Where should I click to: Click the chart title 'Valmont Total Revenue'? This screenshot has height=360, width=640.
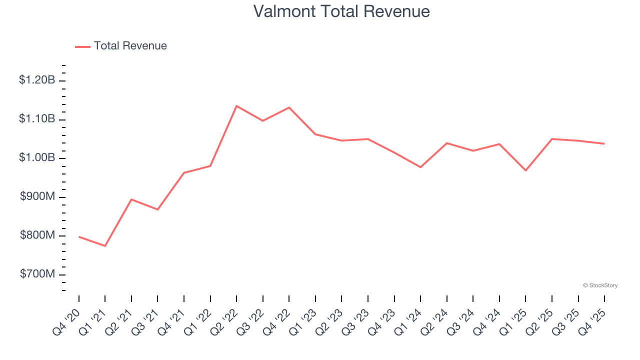(x=341, y=11)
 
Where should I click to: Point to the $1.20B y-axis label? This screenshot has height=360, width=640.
(x=37, y=80)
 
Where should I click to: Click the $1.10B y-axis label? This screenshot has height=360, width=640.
(x=37, y=119)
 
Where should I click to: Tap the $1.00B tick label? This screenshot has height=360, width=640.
(x=37, y=158)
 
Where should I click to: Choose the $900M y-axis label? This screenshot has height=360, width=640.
(x=37, y=197)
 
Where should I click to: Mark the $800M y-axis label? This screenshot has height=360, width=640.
(x=37, y=235)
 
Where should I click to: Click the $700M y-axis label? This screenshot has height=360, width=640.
(x=37, y=274)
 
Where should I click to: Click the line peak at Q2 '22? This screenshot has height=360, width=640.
(x=236, y=105)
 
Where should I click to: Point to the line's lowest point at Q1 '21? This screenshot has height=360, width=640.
(x=105, y=246)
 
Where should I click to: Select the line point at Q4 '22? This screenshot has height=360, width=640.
(x=289, y=107)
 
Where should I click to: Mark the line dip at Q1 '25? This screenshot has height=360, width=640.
(x=525, y=170)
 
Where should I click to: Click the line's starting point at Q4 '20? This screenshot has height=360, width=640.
(x=79, y=236)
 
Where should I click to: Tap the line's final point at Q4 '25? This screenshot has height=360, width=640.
(x=604, y=143)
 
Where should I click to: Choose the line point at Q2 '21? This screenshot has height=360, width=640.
(x=131, y=199)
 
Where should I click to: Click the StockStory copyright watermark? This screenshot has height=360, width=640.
(x=600, y=285)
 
